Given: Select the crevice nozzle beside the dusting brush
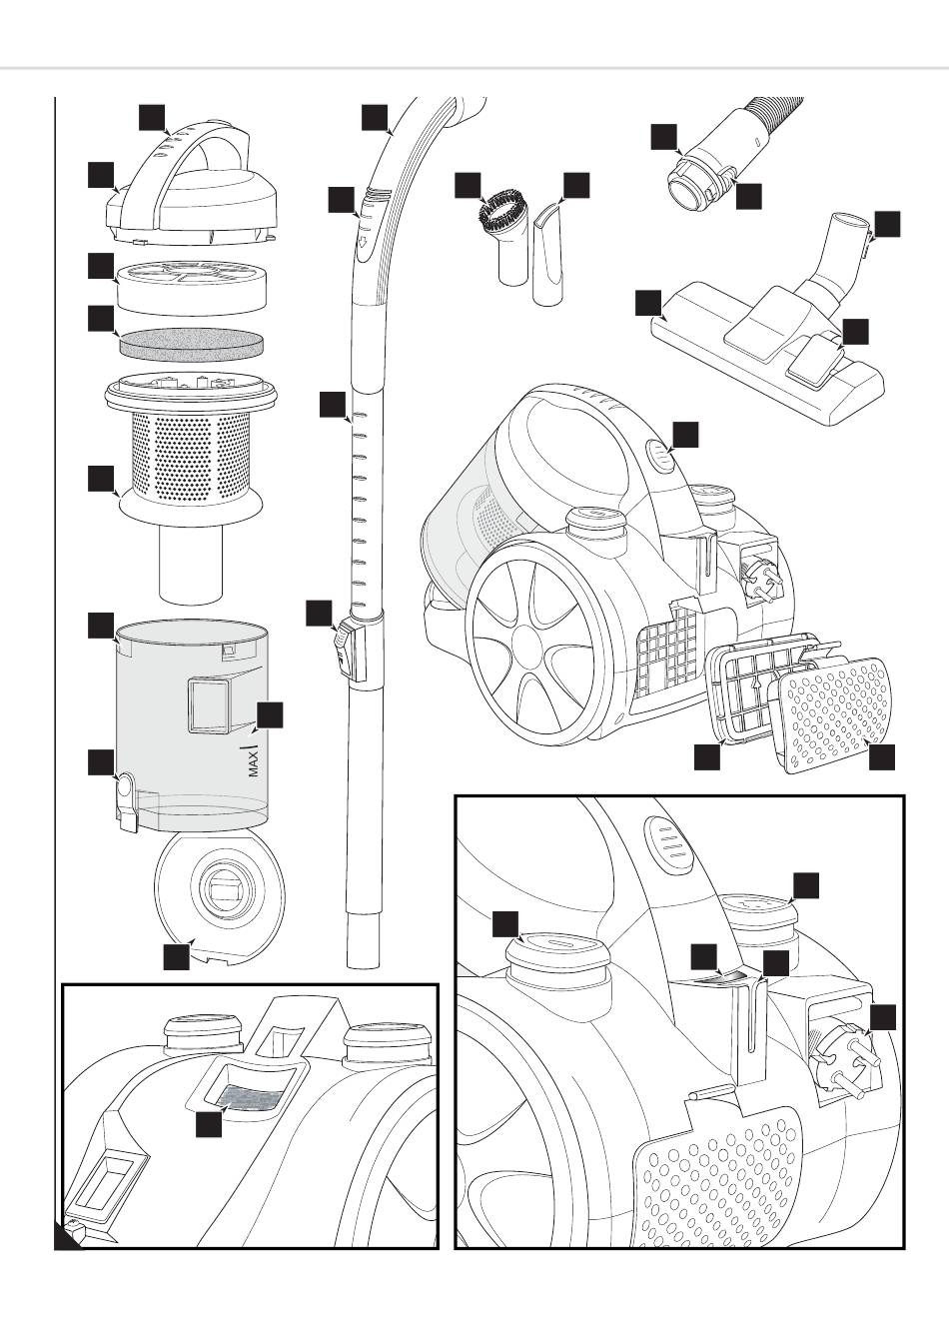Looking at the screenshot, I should [x=550, y=255].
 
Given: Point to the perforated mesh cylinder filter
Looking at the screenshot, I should [x=191, y=455].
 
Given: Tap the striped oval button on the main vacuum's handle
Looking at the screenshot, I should [x=661, y=456].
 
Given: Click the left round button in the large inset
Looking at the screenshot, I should [x=556, y=948].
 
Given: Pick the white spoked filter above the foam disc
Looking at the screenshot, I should [x=189, y=284].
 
